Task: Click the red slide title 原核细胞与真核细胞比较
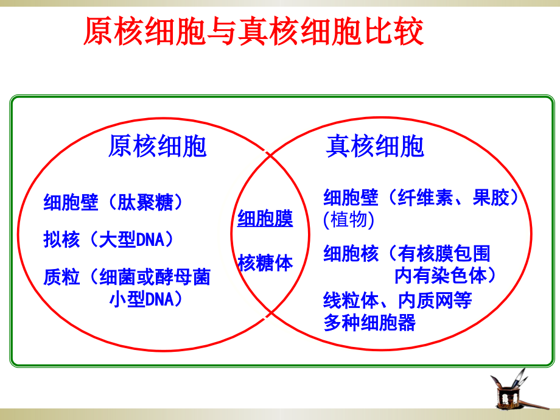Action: tap(253, 31)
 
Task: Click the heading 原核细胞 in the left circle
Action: tap(158, 146)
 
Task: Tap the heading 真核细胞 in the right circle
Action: tap(375, 146)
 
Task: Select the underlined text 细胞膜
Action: tap(265, 219)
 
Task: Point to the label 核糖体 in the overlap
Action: tap(265, 263)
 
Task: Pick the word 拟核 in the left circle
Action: tap(61, 239)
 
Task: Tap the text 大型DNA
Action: tap(131, 239)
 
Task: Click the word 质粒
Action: tap(61, 277)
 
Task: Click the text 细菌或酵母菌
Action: tap(155, 277)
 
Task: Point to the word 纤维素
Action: tap(425, 197)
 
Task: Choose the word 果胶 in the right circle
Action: tap(491, 197)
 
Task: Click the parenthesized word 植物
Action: tap(349, 220)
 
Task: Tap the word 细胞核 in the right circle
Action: tap(351, 254)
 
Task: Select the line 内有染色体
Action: tap(441, 276)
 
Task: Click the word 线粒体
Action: tap(351, 300)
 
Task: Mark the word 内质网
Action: tap(425, 300)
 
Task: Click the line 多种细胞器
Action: tap(369, 323)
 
